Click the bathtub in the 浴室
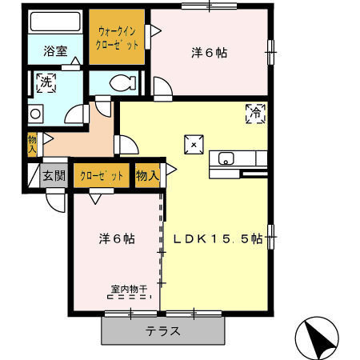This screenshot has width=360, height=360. [55, 22]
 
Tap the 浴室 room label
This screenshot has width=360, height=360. [55, 51]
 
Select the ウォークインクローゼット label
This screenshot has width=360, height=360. [117, 38]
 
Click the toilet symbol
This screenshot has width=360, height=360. [123, 82]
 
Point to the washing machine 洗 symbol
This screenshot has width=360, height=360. [46, 83]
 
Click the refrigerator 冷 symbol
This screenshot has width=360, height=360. [255, 114]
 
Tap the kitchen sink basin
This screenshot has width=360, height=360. [226, 158]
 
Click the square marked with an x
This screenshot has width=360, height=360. [194, 145]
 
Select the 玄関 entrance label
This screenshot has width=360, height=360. [54, 176]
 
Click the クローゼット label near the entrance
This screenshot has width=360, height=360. [102, 176]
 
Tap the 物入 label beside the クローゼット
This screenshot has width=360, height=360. [147, 176]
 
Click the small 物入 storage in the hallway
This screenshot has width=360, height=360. [32, 144]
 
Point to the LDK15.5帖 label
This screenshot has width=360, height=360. [218, 238]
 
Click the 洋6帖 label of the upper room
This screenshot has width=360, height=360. [210, 53]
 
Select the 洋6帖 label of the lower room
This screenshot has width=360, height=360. [117, 238]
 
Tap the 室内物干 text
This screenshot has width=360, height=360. [129, 289]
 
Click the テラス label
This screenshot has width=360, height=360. [163, 331]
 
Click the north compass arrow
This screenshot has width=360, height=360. [320, 338]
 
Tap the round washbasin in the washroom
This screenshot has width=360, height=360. [35, 114]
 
